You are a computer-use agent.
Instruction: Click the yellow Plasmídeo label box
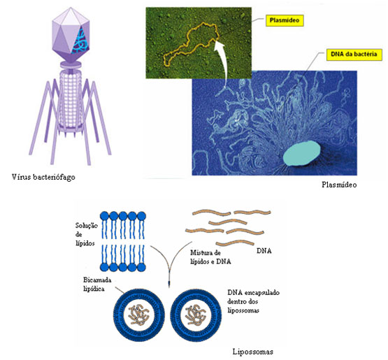[x=285, y=21]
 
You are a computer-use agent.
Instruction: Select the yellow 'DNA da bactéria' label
[x=354, y=55]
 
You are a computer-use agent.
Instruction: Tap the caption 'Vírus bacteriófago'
[x=43, y=177]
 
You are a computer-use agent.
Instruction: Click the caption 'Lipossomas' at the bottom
[x=252, y=352]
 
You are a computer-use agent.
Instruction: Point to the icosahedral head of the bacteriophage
[x=71, y=34]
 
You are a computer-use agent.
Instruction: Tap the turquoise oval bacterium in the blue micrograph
[x=301, y=153]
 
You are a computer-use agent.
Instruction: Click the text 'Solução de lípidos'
[x=86, y=234]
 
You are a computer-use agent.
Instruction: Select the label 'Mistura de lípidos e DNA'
[x=210, y=257]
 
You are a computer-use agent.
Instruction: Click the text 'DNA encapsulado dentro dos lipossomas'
[x=253, y=301]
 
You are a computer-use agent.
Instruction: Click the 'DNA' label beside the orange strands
[x=264, y=251]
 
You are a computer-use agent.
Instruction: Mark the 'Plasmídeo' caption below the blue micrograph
[x=339, y=185]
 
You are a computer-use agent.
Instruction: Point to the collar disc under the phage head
[x=71, y=64]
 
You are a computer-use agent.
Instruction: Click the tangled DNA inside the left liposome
[x=138, y=315]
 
